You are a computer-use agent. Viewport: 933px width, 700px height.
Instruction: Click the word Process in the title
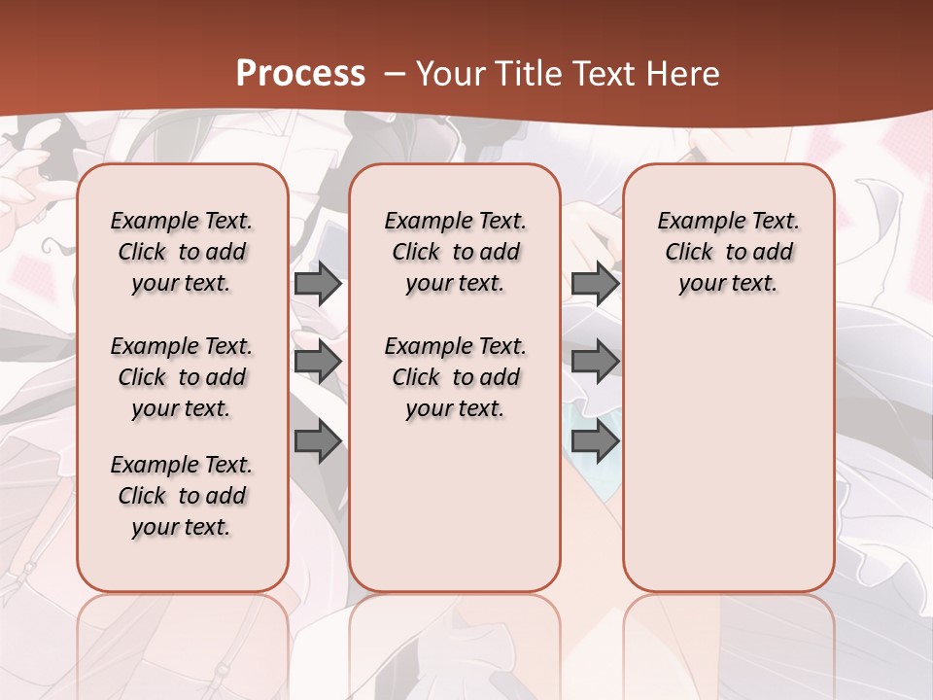click(x=300, y=74)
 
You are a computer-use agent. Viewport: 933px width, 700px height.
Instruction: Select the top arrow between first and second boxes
click(x=317, y=284)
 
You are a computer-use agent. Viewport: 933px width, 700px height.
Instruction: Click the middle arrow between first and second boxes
click(x=317, y=363)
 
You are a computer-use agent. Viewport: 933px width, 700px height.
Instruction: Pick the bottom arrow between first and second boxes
click(x=317, y=442)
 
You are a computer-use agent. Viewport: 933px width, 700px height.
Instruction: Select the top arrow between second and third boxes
click(x=595, y=284)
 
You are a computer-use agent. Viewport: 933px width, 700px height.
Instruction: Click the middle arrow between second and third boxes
click(x=595, y=363)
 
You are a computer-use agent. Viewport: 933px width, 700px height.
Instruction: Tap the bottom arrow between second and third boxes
click(x=595, y=442)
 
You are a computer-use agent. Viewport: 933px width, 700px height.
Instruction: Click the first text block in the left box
click(x=182, y=252)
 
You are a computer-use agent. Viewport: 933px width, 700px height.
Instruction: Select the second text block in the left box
click(x=182, y=377)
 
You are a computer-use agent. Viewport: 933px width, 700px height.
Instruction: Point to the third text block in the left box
click(x=182, y=496)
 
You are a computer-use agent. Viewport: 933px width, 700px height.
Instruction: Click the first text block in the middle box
click(x=455, y=252)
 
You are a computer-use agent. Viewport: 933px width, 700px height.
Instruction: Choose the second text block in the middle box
click(x=455, y=377)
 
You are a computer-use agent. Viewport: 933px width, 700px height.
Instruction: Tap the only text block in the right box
click(x=728, y=252)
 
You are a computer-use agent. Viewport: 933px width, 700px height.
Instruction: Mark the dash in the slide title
click(x=395, y=74)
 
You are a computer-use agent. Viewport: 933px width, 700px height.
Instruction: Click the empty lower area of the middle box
click(x=455, y=506)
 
